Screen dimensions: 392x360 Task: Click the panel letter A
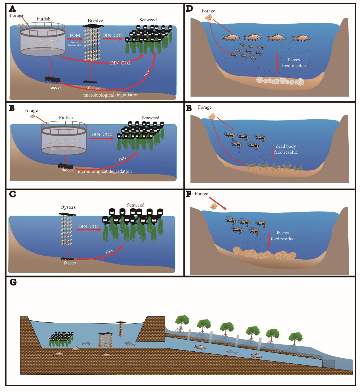pos(12,8)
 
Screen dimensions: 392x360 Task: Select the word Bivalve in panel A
pos(95,21)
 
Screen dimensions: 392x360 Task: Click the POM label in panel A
pos(75,35)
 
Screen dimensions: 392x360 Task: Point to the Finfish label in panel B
pos(66,117)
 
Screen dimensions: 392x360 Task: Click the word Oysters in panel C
pos(68,207)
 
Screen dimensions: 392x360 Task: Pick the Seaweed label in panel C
pos(136,205)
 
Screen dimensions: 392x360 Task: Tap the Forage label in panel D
pos(208,11)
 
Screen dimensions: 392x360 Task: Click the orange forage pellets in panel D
pos(209,17)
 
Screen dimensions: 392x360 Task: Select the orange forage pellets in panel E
pos(212,116)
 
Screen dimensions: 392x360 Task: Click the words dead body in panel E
pos(286,146)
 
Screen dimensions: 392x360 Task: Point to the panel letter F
pos(189,194)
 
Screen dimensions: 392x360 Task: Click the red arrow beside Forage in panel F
pos(220,205)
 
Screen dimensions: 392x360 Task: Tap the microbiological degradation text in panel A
pos(111,95)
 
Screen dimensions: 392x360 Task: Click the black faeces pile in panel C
pos(68,258)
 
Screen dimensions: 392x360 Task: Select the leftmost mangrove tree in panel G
pos(182,322)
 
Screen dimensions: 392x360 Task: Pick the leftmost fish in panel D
pos(231,37)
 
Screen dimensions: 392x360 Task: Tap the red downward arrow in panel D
pos(277,62)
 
